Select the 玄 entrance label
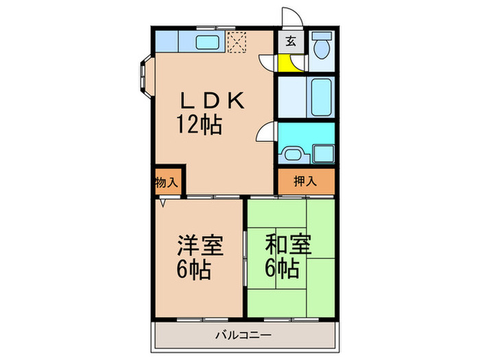(291, 41)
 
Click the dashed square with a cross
(237, 42)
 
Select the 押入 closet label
(305, 181)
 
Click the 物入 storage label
(167, 182)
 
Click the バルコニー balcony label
(244, 335)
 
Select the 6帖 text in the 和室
(281, 269)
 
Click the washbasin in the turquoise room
(292, 154)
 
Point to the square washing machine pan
(320, 153)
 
